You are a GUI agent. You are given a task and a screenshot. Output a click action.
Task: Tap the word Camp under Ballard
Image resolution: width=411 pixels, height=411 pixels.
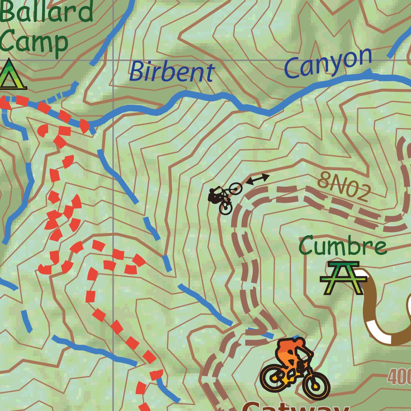(34, 42)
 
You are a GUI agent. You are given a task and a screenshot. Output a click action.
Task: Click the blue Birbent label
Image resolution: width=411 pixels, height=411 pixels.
(171, 72)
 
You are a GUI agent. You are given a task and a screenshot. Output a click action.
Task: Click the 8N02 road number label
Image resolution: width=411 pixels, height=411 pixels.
(344, 187)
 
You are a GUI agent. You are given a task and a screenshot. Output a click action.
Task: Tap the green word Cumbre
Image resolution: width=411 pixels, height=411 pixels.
(343, 246)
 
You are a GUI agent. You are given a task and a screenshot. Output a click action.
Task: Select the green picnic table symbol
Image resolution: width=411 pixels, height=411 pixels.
(344, 277)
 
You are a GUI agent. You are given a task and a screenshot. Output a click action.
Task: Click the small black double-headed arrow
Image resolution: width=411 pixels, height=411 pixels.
(257, 179)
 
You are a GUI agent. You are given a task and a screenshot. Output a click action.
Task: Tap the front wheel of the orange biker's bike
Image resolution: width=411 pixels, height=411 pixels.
(315, 385)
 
